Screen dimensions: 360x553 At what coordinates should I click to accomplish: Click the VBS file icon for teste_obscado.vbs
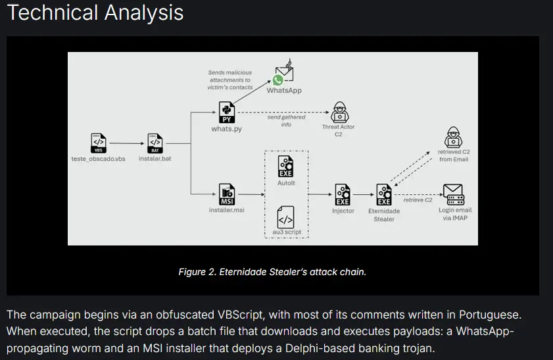click(97, 142)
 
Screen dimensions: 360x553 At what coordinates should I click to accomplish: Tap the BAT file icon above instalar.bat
click(155, 142)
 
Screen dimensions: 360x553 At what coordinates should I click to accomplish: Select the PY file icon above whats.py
click(226, 113)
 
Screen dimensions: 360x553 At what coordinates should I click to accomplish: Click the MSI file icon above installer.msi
click(226, 195)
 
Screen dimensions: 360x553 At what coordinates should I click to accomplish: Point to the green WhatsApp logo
click(278, 80)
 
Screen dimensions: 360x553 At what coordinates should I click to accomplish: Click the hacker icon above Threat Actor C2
click(339, 111)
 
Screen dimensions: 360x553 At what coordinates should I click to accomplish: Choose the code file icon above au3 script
click(285, 217)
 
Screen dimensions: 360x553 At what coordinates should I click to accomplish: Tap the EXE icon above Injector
click(343, 194)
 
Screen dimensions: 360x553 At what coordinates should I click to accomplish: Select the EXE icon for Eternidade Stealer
click(384, 194)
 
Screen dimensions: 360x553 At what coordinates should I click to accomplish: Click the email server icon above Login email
click(454, 194)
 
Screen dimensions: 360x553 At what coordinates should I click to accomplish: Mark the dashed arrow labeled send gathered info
click(283, 113)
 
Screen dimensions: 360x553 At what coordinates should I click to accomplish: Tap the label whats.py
click(226, 129)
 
